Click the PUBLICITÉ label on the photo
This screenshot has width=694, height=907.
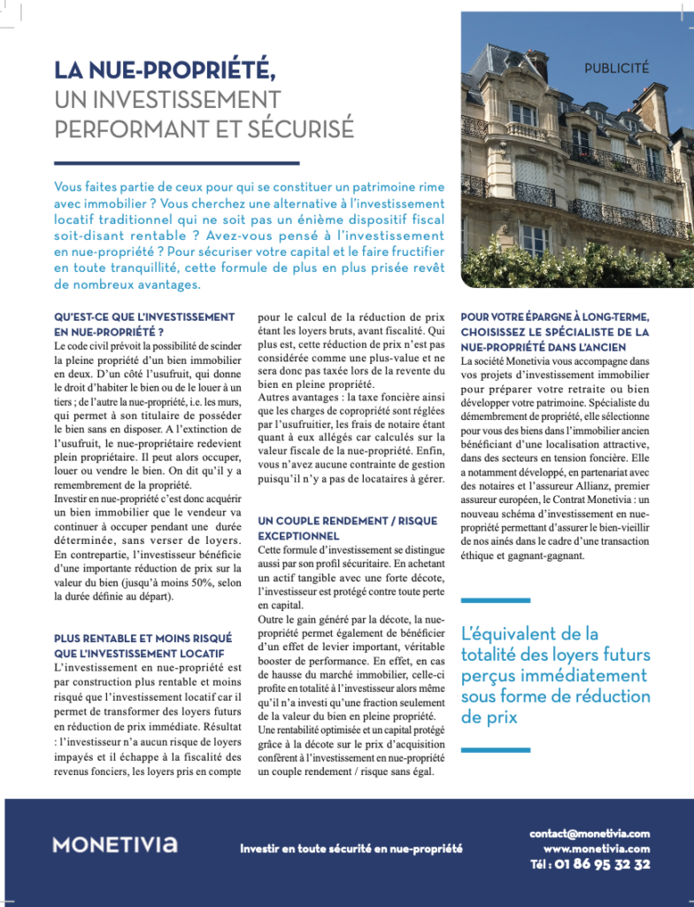pyautogui.click(x=616, y=67)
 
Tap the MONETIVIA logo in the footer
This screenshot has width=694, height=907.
pyautogui.click(x=114, y=844)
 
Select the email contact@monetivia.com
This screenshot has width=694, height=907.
pyautogui.click(x=590, y=833)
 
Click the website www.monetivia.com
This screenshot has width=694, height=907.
pyautogui.click(x=597, y=849)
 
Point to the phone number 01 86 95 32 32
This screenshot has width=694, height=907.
pyautogui.click(x=602, y=864)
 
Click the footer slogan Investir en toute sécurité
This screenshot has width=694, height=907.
pyautogui.click(x=351, y=848)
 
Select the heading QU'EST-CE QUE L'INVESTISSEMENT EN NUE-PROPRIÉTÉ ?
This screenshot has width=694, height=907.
pyautogui.click(x=144, y=323)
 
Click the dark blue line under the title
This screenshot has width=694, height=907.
pyautogui.click(x=176, y=163)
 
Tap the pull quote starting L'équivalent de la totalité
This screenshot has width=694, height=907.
pyautogui.click(x=555, y=675)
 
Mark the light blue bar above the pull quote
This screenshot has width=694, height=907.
pyautogui.click(x=495, y=601)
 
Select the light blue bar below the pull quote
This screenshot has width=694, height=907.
pyautogui.click(x=495, y=749)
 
